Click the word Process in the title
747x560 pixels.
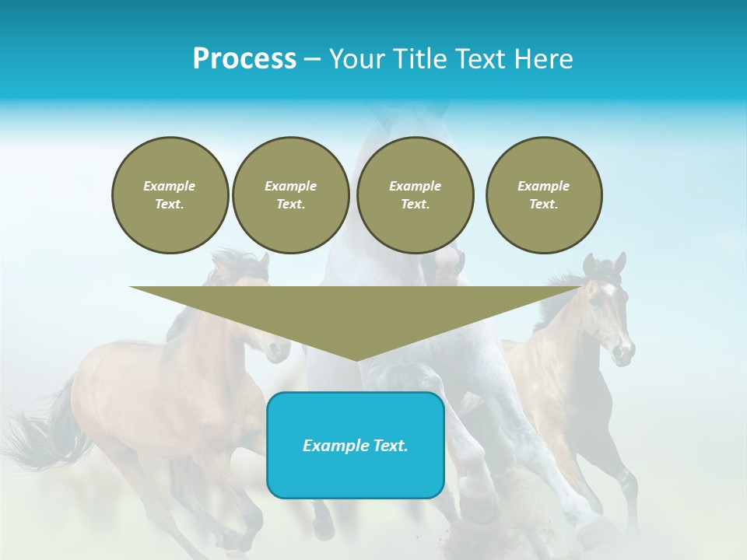[x=244, y=59]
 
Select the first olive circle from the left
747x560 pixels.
[x=170, y=195]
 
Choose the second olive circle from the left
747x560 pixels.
[x=290, y=195]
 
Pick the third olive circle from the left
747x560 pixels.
[x=415, y=195]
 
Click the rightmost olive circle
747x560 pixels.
[x=543, y=195]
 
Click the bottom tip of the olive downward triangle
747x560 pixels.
[x=356, y=359]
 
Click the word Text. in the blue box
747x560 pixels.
[x=391, y=446]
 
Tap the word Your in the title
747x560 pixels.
[x=356, y=59]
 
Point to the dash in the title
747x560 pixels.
[x=312, y=59]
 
